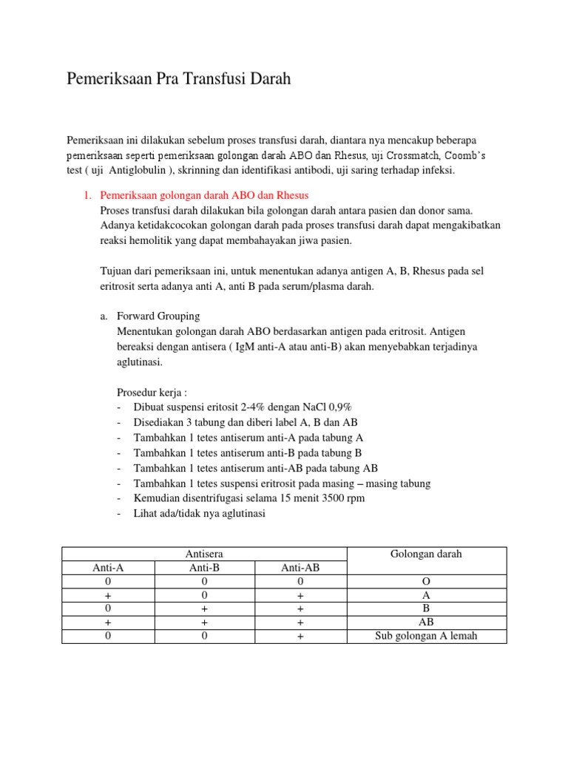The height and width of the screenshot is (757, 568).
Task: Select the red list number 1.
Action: [x=86, y=195]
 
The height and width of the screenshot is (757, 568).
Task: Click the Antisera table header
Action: [x=204, y=554]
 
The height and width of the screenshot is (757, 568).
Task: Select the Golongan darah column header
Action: [x=426, y=554]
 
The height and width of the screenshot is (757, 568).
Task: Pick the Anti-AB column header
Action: [x=300, y=568]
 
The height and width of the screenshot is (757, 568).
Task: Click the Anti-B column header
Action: [x=204, y=568]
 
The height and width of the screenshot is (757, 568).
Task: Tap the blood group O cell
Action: [x=426, y=582]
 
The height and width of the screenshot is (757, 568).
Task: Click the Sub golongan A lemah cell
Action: [x=426, y=636]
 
